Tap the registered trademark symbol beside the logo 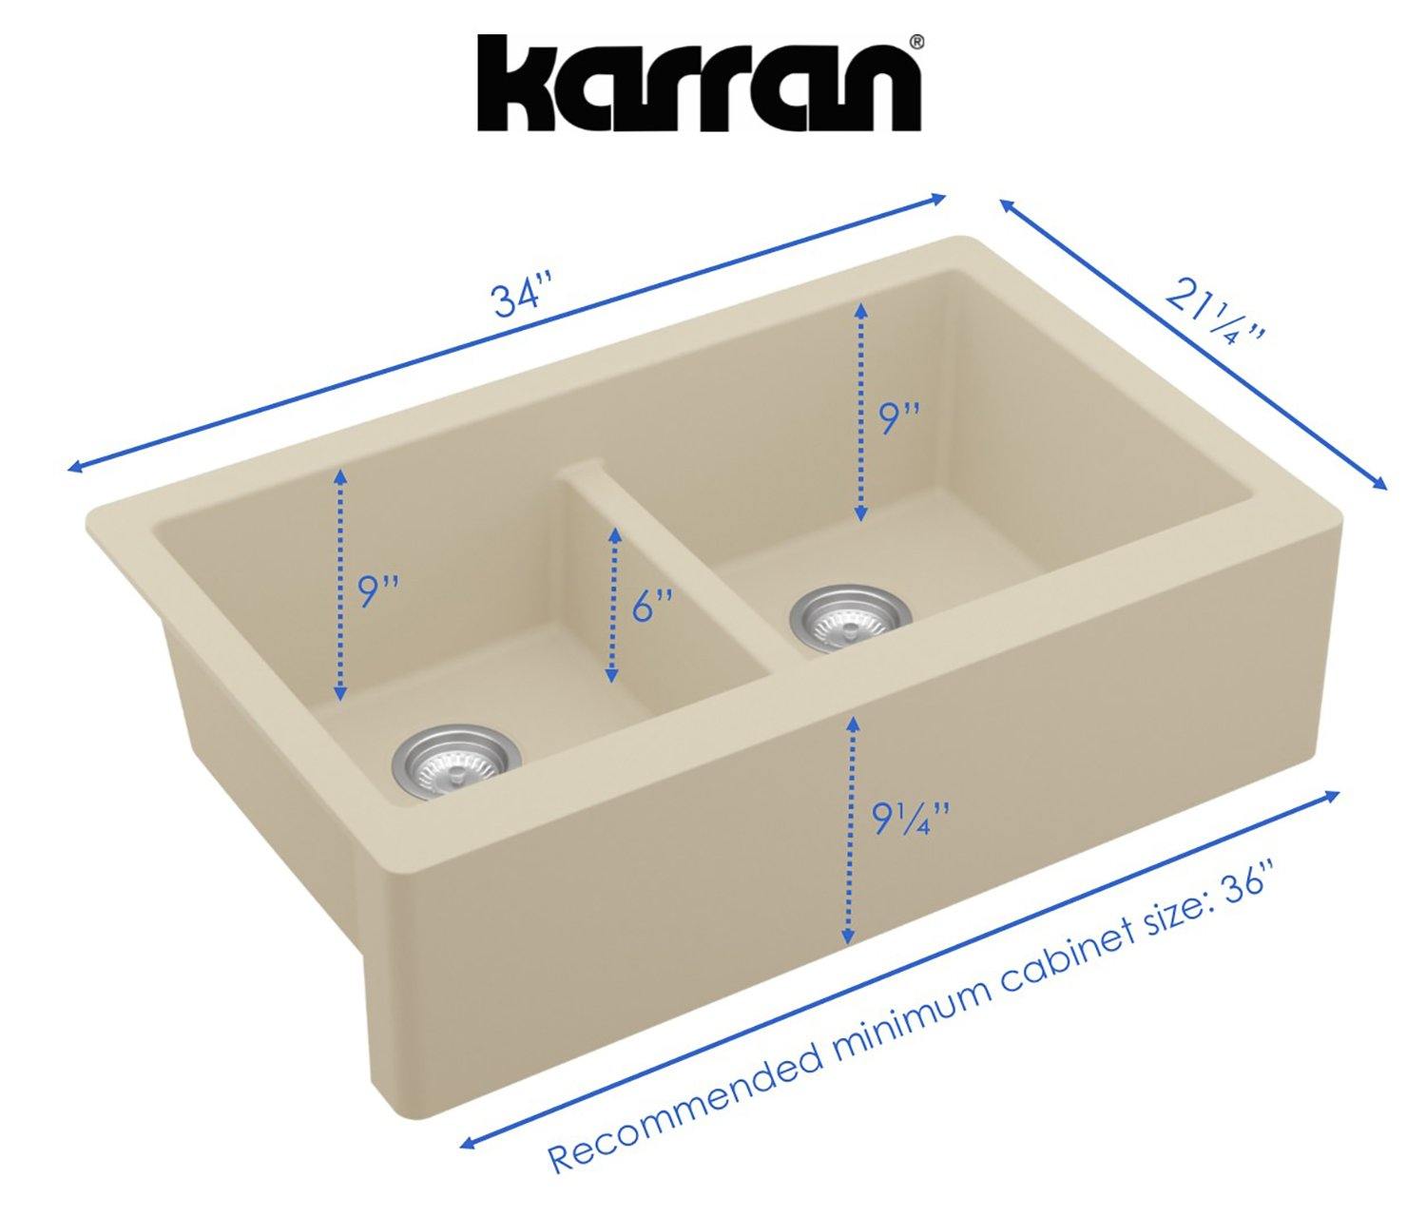point(915,42)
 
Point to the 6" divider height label point(652,605)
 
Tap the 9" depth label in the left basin point(377,592)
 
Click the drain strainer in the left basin point(456,763)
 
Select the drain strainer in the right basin point(850,618)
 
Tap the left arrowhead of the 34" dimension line point(74,467)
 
